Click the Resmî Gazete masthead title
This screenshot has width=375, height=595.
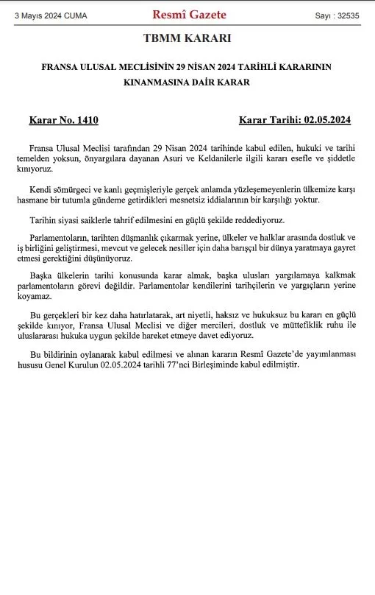pos(189,15)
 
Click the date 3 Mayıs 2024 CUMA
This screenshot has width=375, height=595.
pos(50,15)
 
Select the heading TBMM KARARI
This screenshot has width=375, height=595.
pos(187,39)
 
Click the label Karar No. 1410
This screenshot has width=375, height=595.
pos(63,119)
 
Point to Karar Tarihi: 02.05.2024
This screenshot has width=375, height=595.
pos(294,119)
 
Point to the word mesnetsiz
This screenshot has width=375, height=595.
pos(213,200)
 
